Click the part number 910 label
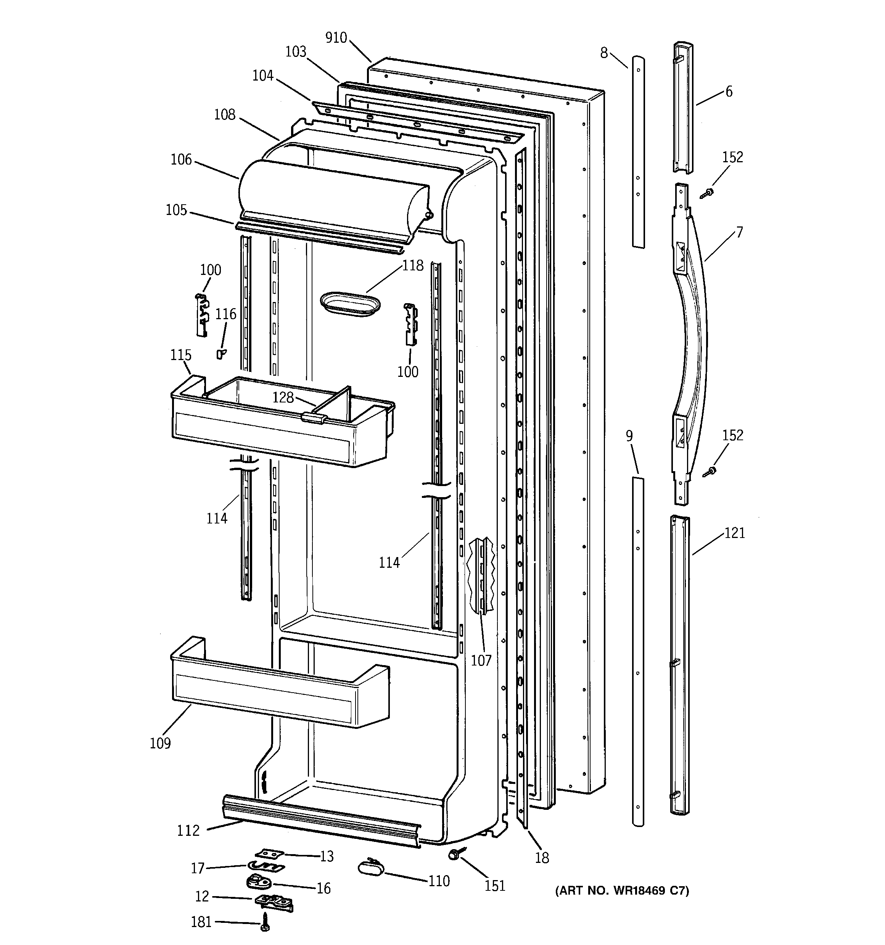pyautogui.click(x=336, y=37)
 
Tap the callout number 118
pyautogui.click(x=412, y=265)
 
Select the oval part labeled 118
pyautogui.click(x=351, y=304)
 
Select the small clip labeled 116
pyautogui.click(x=220, y=353)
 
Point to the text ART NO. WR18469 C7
pyautogui.click(x=622, y=890)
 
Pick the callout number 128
pyautogui.click(x=283, y=397)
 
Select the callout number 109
pyautogui.click(x=160, y=743)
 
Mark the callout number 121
pyautogui.click(x=734, y=533)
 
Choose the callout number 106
pyautogui.click(x=181, y=159)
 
